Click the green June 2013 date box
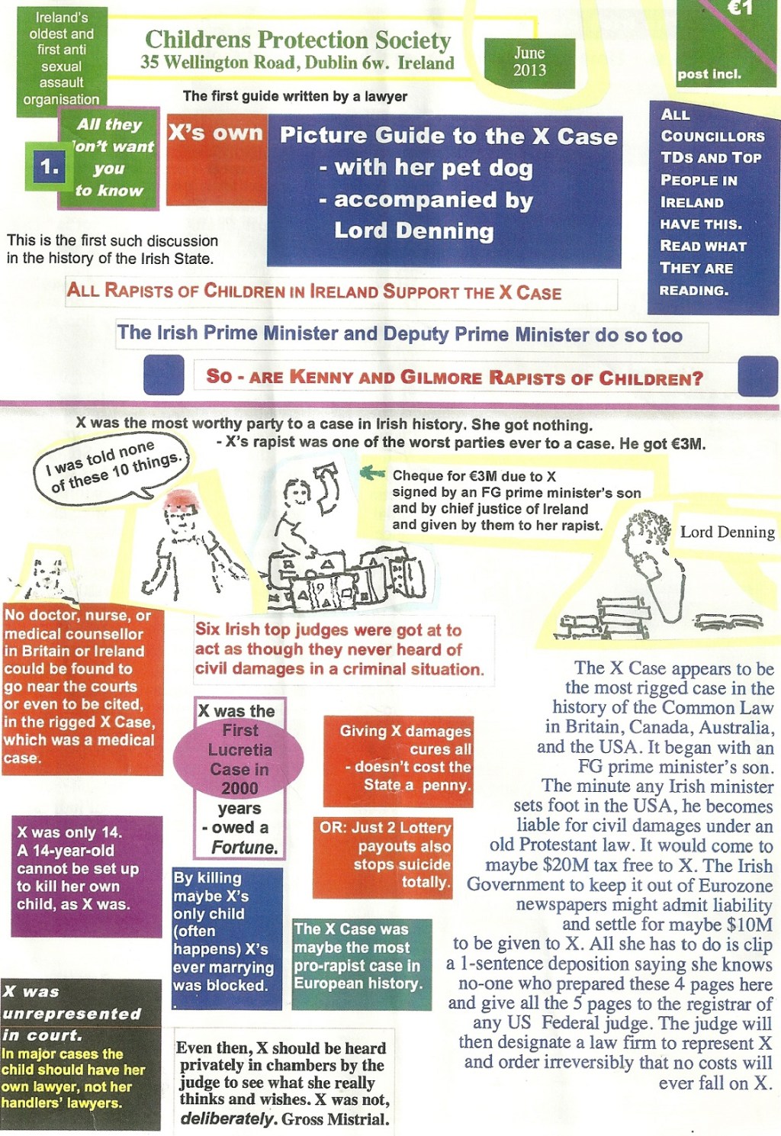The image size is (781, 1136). pos(529,62)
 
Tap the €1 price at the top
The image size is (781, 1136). pos(739,9)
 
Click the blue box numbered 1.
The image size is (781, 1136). pos(50,166)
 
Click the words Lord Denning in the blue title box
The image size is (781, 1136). pos(413,231)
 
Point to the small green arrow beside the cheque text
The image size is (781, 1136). pos(372,473)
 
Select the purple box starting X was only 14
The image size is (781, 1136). pos(86,875)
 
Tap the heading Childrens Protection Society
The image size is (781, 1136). pos(297,39)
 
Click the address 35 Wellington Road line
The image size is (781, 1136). pos(297,63)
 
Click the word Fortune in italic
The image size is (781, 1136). pos(244,848)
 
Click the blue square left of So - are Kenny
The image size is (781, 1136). pos(163,375)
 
